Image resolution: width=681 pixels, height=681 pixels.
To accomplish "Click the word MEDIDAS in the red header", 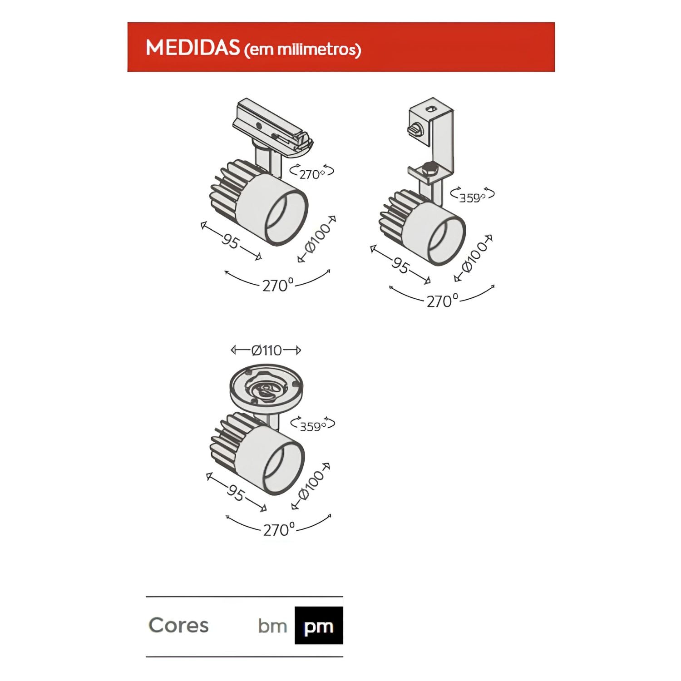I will click(192, 48).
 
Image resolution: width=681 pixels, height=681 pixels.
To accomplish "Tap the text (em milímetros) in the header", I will click(302, 49).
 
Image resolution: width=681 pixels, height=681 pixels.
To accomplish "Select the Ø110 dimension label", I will click(266, 350).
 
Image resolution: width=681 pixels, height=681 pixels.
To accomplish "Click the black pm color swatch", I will click(319, 626).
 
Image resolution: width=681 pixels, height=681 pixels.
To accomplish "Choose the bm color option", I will click(272, 626).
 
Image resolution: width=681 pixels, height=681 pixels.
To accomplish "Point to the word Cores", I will click(178, 625).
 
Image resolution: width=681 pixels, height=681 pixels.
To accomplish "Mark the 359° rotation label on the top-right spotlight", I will click(472, 196).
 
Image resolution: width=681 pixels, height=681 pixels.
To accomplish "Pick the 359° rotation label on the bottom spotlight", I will click(312, 425).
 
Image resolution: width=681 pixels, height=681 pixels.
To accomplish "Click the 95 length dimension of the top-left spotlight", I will click(230, 241).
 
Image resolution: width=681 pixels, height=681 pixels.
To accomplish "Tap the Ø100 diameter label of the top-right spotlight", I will click(474, 257).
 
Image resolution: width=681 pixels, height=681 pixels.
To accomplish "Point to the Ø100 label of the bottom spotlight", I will click(311, 486).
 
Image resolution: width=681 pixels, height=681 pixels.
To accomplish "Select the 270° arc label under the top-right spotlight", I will click(442, 300).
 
